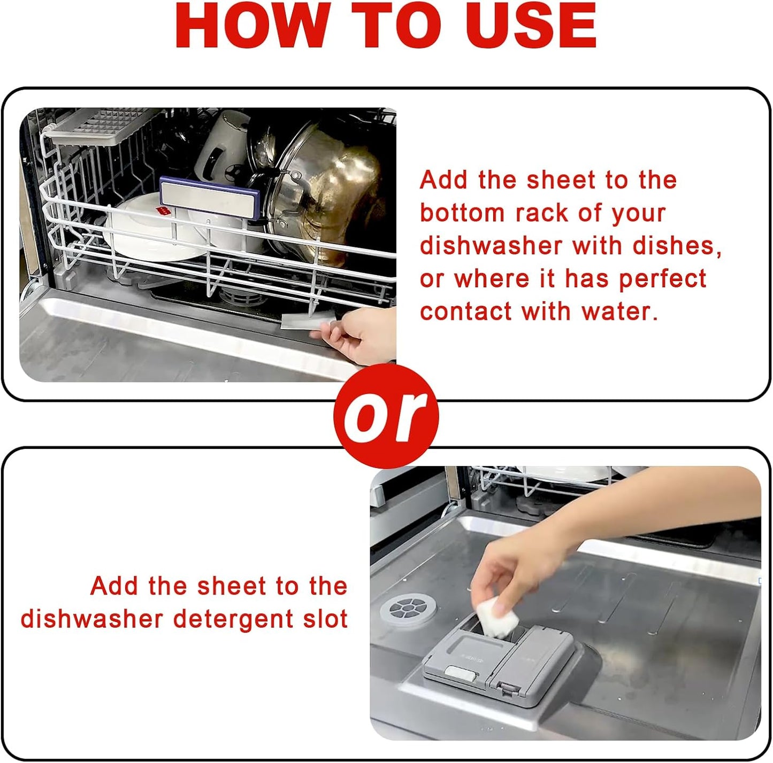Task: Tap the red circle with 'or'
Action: coord(386,416)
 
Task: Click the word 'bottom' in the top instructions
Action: coord(462,213)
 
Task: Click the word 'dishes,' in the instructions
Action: coord(677,246)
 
